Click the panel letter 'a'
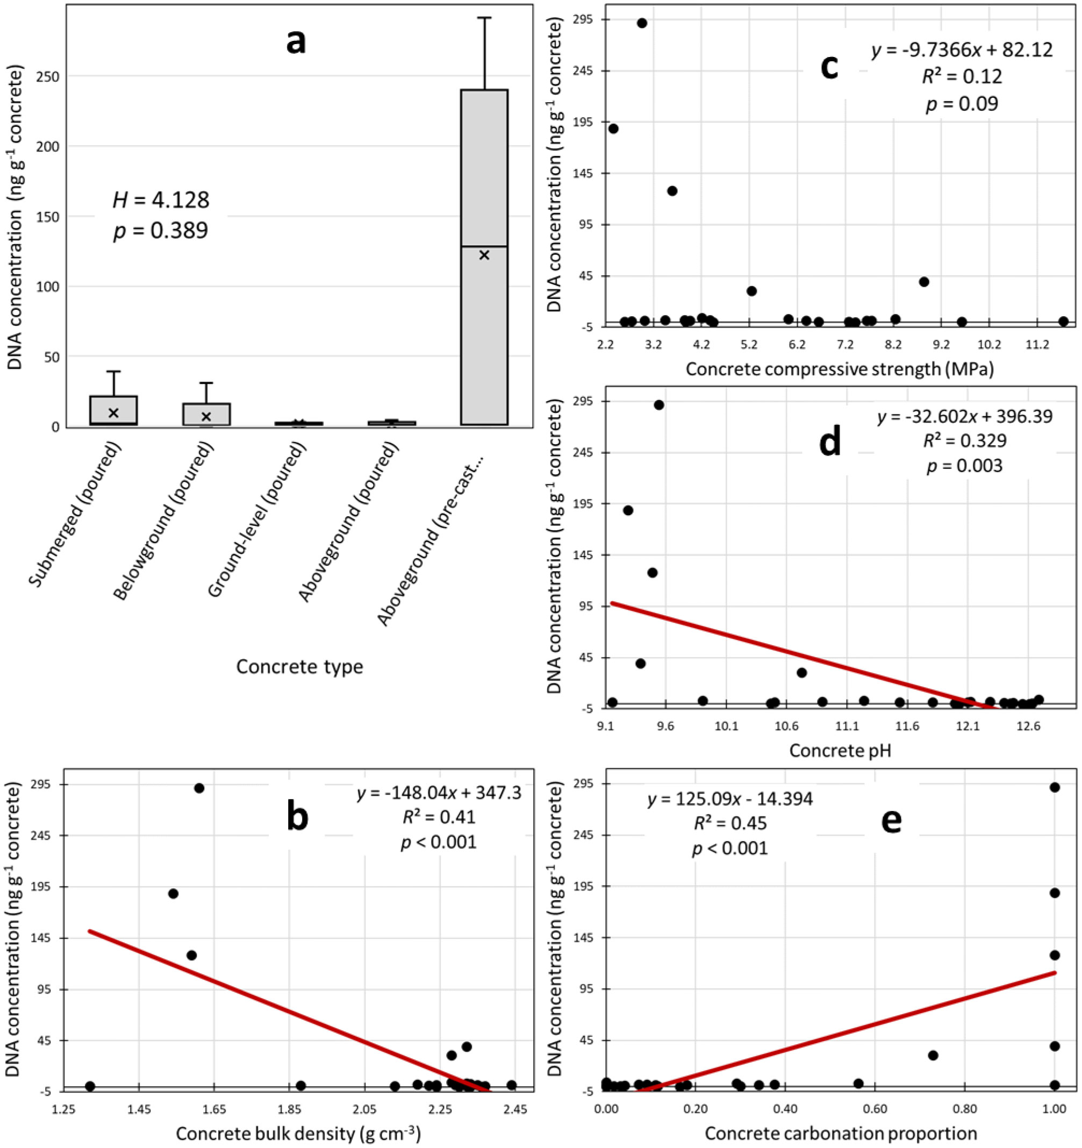(296, 42)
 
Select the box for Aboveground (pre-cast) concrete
(484, 257)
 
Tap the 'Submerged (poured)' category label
(76, 515)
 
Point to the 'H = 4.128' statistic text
(161, 200)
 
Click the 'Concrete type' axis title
(299, 666)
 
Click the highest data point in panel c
(641, 23)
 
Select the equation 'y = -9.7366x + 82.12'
(962, 49)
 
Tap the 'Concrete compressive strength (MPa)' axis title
(840, 368)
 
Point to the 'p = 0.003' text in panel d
(964, 466)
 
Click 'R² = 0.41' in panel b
(439, 817)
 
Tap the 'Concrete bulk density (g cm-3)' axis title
(298, 1133)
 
